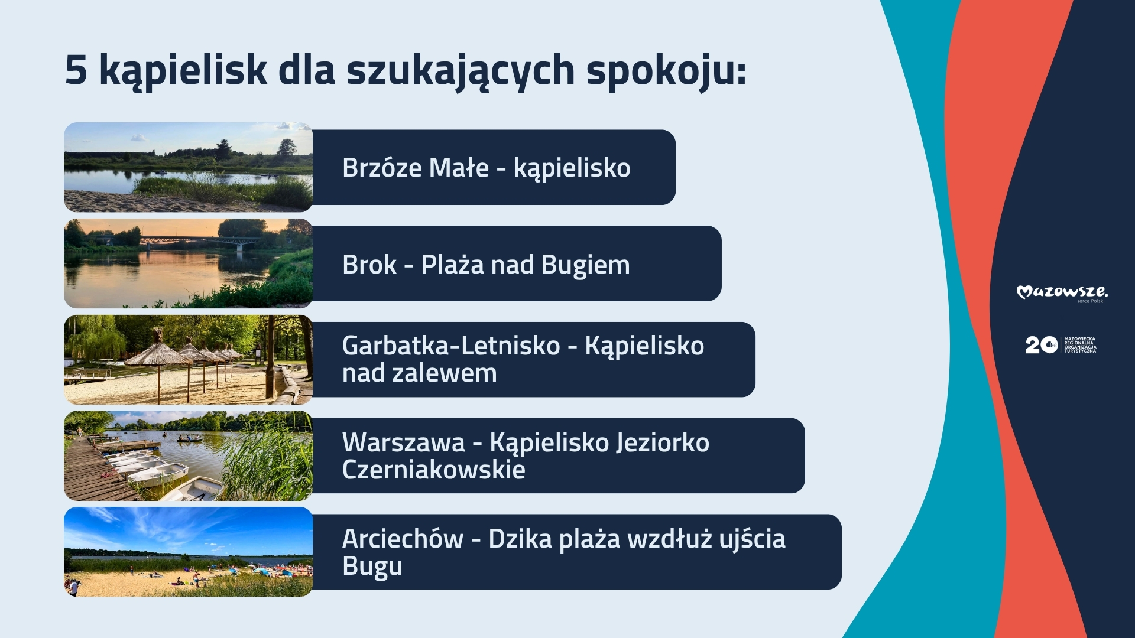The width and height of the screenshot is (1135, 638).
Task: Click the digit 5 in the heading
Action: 76,70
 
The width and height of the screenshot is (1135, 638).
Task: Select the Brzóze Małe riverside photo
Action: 188,167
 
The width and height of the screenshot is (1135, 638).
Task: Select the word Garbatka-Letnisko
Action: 451,346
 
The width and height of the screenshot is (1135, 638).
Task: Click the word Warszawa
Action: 404,442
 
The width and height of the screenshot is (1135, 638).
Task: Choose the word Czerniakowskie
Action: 434,470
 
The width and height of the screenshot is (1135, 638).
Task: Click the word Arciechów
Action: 403,539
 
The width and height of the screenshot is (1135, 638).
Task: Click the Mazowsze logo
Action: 1062,293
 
